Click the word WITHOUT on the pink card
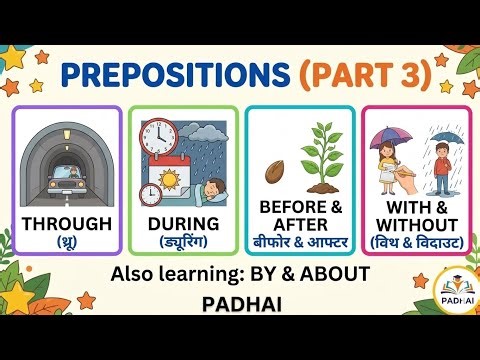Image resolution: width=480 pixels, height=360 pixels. tap(413, 223)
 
